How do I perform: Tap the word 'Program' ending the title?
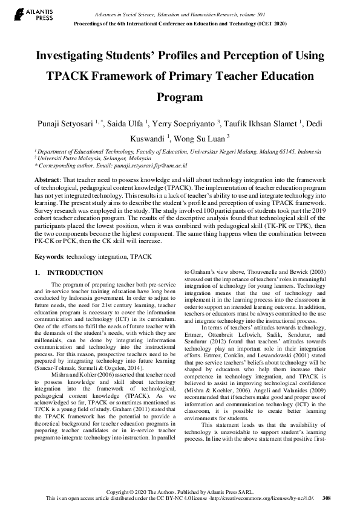[x=180, y=97]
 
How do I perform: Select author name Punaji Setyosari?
[x=67, y=124]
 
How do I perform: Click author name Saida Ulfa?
[x=126, y=124]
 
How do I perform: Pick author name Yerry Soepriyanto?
[x=184, y=124]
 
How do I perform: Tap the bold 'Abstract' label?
[x=46, y=181]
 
